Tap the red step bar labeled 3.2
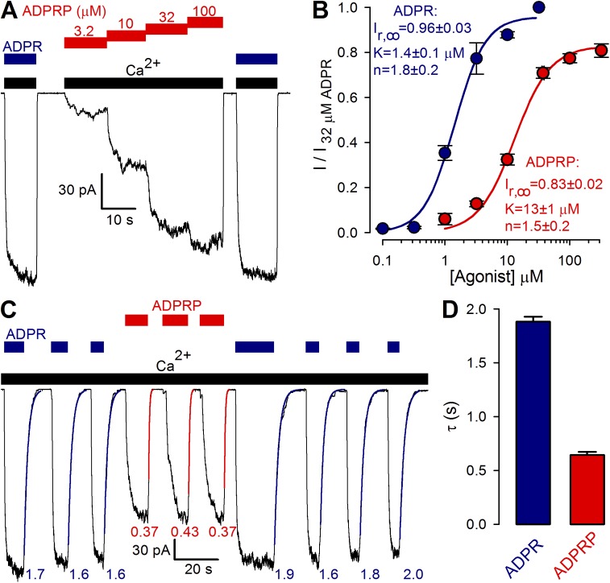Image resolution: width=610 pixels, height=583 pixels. [x=85, y=42]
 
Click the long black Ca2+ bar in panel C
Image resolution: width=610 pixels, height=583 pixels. [x=214, y=379]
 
